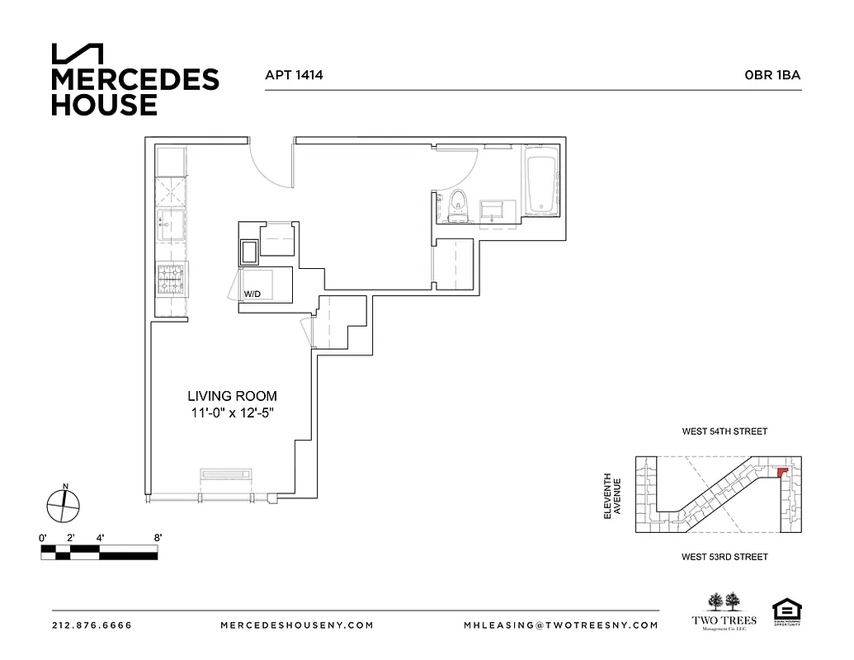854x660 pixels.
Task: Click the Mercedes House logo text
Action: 134,91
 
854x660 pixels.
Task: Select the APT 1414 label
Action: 293,75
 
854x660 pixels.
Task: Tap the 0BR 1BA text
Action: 772,75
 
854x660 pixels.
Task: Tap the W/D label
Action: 251,294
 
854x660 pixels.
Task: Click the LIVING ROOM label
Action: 232,396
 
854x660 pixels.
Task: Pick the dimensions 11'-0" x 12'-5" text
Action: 232,413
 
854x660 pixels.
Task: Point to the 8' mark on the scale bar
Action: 157,538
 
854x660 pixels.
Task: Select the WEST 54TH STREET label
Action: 724,431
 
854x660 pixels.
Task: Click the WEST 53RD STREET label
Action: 724,557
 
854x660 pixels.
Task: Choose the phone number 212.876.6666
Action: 91,625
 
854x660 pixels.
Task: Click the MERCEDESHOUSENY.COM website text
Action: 297,625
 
